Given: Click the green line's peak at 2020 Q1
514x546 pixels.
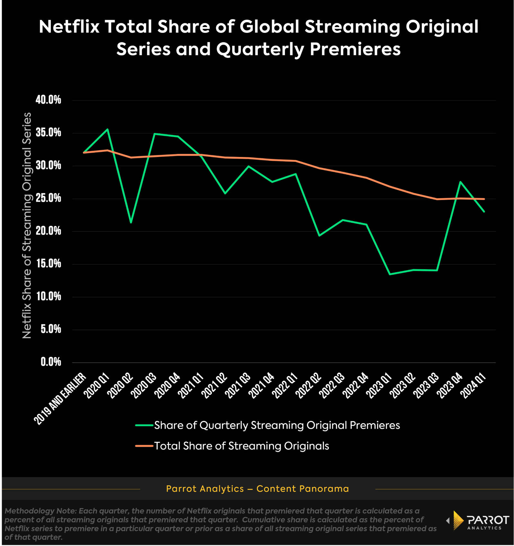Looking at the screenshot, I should point(107,129).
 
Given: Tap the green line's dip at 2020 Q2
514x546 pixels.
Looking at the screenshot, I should point(131,223).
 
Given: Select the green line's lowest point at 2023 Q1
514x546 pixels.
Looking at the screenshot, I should point(390,274).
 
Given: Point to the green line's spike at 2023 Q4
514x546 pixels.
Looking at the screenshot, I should point(460,182).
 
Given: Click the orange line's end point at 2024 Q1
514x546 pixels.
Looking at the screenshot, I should point(484,199).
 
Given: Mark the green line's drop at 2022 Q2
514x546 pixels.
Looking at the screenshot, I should point(319,236).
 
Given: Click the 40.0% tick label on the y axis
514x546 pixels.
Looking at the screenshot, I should point(48,100).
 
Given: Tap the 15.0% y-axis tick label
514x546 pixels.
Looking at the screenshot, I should point(48,264).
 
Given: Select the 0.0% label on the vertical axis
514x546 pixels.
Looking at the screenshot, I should point(51,362).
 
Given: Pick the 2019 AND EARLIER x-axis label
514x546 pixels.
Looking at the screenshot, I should point(61,398).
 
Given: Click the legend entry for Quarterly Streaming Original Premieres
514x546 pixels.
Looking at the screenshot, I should point(277,425).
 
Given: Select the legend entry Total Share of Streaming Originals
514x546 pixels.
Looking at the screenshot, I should point(241,446).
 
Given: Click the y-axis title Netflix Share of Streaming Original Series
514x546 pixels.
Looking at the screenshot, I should point(27,225).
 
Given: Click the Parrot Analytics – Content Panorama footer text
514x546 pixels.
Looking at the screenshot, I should point(257,489).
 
